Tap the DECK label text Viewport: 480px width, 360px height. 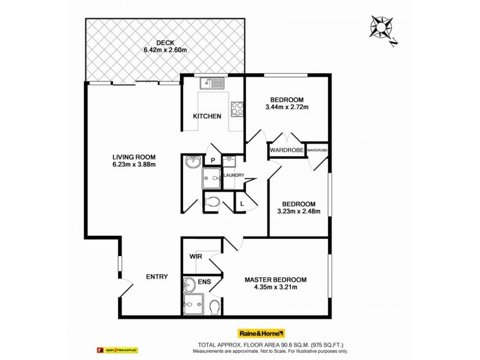[165, 42]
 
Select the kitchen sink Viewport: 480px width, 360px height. [211, 83]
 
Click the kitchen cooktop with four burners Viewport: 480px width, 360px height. [236, 109]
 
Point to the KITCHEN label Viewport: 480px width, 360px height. [207, 116]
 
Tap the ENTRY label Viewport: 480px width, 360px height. [157, 277]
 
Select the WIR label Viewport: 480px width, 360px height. [196, 257]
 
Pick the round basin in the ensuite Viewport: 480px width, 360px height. [188, 284]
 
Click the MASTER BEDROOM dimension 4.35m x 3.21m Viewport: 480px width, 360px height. [275, 287]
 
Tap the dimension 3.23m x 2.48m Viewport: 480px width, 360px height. [298, 211]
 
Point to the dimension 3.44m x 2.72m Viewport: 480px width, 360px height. [287, 107]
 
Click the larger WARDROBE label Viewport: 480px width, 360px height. [287, 149]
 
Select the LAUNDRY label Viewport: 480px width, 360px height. [233, 175]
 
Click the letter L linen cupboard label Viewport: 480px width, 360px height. [242, 204]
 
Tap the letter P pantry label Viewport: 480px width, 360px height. [212, 160]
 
